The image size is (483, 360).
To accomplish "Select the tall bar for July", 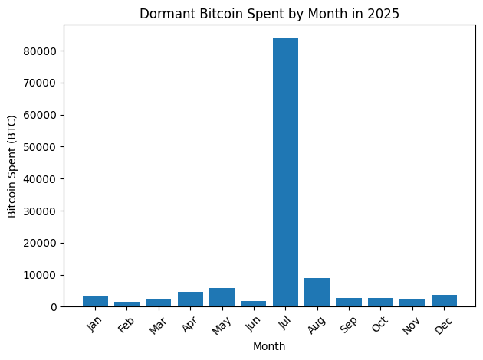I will click(285, 172).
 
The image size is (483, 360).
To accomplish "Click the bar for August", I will click(317, 293).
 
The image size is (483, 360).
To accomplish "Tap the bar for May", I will click(222, 297).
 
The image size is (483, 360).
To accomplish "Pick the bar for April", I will click(190, 299).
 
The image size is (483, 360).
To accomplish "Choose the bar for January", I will click(95, 301).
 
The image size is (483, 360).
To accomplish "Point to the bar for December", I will click(444, 301).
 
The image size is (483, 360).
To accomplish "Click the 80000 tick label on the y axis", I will click(48, 51).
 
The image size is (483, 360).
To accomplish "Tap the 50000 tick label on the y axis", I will click(48, 147).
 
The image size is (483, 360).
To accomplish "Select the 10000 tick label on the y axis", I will click(48, 275).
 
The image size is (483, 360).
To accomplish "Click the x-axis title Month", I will click(269, 346).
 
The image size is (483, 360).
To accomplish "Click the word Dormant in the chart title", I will click(163, 13).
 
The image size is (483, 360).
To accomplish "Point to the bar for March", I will click(158, 303).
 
